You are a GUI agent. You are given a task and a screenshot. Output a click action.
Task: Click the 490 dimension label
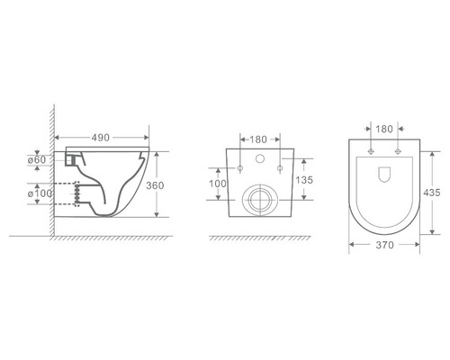[x=101, y=138]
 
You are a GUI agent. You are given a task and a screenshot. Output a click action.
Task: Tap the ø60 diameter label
[x=37, y=160]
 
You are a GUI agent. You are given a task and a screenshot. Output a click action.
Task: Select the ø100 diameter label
[x=40, y=193]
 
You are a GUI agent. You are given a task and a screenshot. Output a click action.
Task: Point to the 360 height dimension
[x=155, y=185]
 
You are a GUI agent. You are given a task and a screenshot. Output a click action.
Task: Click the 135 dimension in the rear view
[x=304, y=180]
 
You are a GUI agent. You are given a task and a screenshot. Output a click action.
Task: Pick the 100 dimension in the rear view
[x=218, y=184]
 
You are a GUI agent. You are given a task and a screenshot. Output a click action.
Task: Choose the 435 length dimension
[x=432, y=193]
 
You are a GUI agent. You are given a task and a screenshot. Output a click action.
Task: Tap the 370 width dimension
[x=384, y=245]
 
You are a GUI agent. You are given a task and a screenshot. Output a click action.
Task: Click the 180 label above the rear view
[x=258, y=139]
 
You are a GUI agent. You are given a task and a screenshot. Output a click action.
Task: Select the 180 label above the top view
[x=384, y=129]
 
